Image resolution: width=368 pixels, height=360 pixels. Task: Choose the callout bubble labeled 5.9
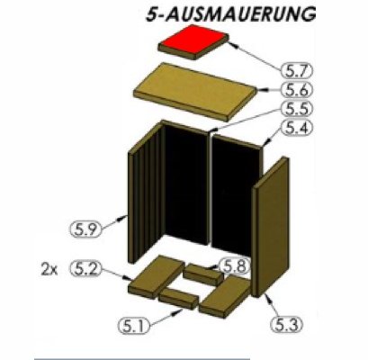tap(85, 219)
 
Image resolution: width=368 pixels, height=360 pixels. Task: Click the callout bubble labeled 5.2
tap(87, 268)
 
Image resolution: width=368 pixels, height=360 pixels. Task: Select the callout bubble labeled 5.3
tap(286, 320)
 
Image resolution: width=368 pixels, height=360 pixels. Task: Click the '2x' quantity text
tap(50, 268)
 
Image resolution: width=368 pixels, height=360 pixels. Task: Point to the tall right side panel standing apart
tap(269, 231)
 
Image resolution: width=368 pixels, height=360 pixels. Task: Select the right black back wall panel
tap(236, 202)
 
